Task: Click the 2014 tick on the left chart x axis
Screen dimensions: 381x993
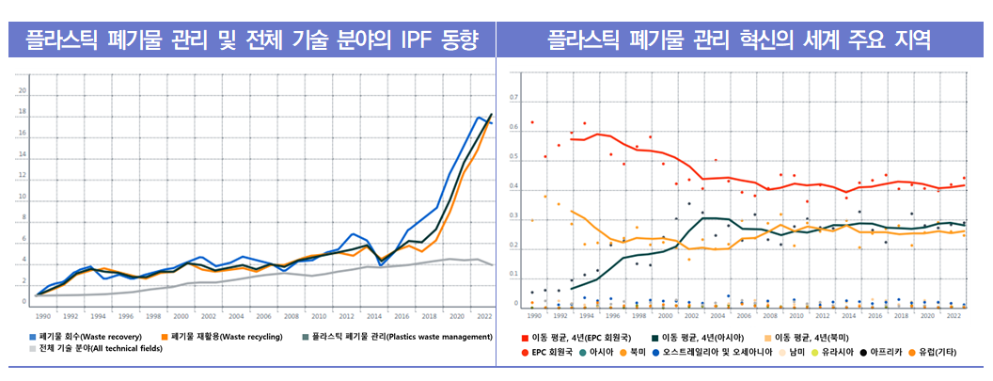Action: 373,316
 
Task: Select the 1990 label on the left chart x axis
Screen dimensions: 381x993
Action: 42,316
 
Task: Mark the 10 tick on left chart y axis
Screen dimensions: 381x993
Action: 23,197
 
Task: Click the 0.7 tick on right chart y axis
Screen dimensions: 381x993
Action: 513,97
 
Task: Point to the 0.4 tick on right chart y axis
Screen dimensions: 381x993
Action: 513,186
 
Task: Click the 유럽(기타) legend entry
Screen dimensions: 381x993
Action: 955,351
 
